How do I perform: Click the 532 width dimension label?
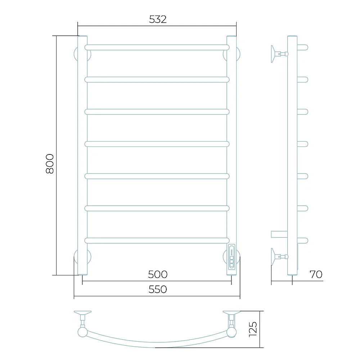coord(158,19)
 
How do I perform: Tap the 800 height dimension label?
coord(50,164)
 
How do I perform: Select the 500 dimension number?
coord(158,274)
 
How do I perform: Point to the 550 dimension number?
coord(158,289)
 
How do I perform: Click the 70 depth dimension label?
coord(316,274)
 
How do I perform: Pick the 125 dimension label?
coord(253,329)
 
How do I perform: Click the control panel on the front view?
coord(231,257)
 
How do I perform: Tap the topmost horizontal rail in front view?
coord(157,48)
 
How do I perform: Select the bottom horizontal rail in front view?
coord(157,240)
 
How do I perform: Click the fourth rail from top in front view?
coord(157,144)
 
